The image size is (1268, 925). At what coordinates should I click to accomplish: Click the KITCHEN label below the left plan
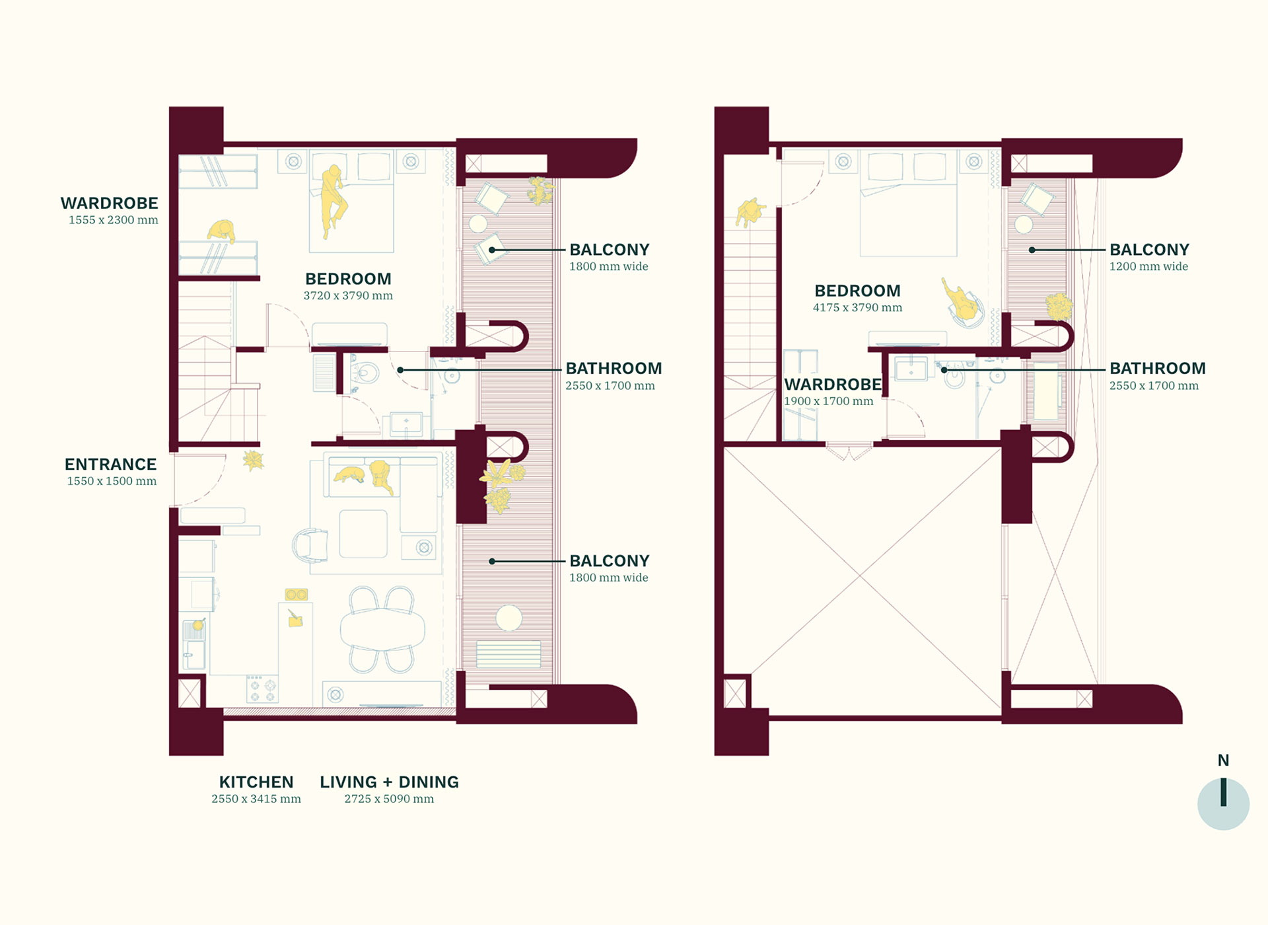(256, 782)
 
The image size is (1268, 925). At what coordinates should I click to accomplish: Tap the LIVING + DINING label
(390, 782)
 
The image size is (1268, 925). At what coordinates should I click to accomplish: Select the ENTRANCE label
(110, 464)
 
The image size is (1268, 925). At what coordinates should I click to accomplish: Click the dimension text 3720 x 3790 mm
(348, 296)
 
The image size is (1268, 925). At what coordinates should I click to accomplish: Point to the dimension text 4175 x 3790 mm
(857, 308)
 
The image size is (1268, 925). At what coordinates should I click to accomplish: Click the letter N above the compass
(1223, 760)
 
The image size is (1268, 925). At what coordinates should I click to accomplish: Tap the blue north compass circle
(1223, 804)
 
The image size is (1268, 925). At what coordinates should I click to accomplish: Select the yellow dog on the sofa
(350, 474)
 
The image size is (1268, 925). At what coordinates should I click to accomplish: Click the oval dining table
(382, 628)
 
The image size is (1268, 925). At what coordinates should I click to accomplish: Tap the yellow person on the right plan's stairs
(750, 212)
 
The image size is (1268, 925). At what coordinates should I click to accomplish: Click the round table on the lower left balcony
(509, 618)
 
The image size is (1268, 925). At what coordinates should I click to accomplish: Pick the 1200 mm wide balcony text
(1148, 267)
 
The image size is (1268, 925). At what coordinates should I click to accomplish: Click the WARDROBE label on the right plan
(833, 385)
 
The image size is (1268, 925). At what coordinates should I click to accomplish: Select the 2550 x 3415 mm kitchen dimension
(256, 799)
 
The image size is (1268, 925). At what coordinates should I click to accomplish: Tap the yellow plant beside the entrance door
(253, 460)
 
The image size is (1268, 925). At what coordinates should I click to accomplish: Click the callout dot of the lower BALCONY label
(492, 562)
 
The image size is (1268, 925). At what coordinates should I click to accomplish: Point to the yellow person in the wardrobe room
(222, 231)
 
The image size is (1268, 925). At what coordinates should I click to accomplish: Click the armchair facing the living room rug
(310, 545)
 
